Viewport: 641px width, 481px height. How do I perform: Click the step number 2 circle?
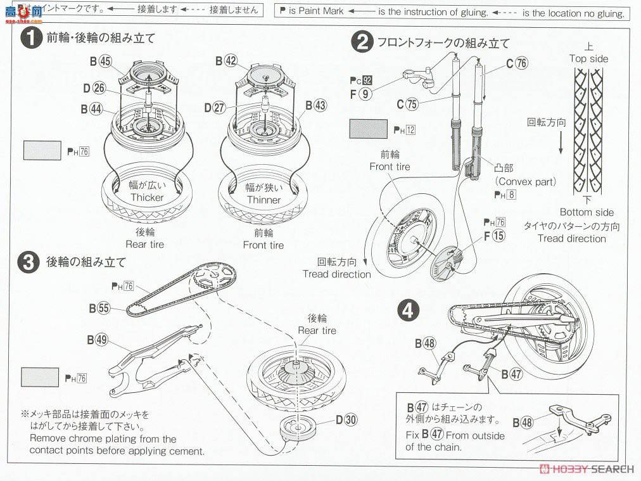362,42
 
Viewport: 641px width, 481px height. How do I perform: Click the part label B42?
226,61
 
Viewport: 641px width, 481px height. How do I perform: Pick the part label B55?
99,308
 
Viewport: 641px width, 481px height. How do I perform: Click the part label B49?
98,339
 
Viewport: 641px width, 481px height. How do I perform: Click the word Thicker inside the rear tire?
147,197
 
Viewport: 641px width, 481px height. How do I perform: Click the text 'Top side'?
588,58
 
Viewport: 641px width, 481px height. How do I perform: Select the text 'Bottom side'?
587,212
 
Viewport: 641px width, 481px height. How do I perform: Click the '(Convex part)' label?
525,182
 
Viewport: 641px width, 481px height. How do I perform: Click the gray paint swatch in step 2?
369,129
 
